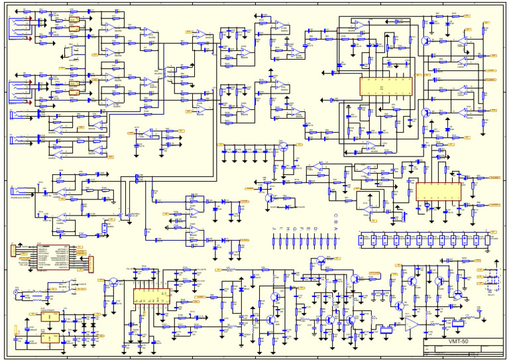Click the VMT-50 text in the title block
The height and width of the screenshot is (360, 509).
458,342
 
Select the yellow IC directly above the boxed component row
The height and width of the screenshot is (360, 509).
438,192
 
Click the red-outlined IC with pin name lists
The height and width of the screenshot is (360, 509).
52,255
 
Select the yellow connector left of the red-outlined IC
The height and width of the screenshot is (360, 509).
13,251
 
